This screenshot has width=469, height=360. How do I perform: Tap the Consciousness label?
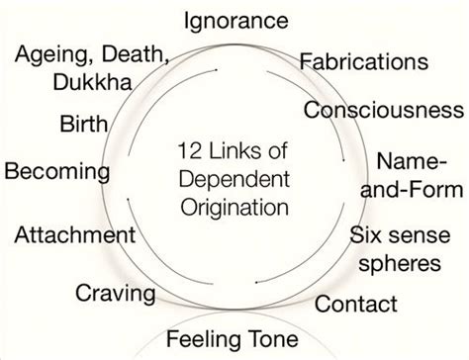pyautogui.click(x=384, y=108)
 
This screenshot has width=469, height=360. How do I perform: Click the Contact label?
pyautogui.click(x=353, y=303)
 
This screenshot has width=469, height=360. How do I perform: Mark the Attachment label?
pyautogui.click(x=75, y=235)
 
